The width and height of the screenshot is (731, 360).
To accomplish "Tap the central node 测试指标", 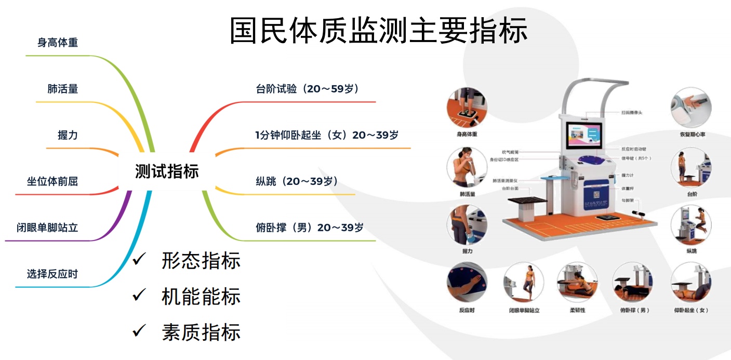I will tap(167, 171).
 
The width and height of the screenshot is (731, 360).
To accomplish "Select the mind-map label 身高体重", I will tap(58, 43).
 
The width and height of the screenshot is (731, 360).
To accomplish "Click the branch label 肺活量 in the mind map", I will tap(63, 89).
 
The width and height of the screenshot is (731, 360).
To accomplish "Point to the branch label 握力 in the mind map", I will tap(68, 135).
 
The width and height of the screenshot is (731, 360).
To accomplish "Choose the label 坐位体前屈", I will tap(52, 181).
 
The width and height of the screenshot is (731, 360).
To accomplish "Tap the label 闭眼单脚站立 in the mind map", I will tap(47, 228).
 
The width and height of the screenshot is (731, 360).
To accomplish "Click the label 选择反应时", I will tap(52, 274).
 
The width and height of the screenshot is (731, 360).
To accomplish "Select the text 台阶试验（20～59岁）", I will tap(308, 89).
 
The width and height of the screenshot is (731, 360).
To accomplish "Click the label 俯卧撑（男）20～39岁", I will tap(310, 228).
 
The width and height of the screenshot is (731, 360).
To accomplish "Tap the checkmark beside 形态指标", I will tap(139, 259).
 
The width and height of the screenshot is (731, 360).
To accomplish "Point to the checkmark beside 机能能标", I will tap(139, 295).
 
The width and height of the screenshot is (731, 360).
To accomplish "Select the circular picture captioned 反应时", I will tap(467, 283).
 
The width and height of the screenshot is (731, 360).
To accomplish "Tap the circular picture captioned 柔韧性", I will tap(577, 283).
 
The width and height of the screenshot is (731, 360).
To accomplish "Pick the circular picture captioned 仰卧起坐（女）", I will tap(691, 283).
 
